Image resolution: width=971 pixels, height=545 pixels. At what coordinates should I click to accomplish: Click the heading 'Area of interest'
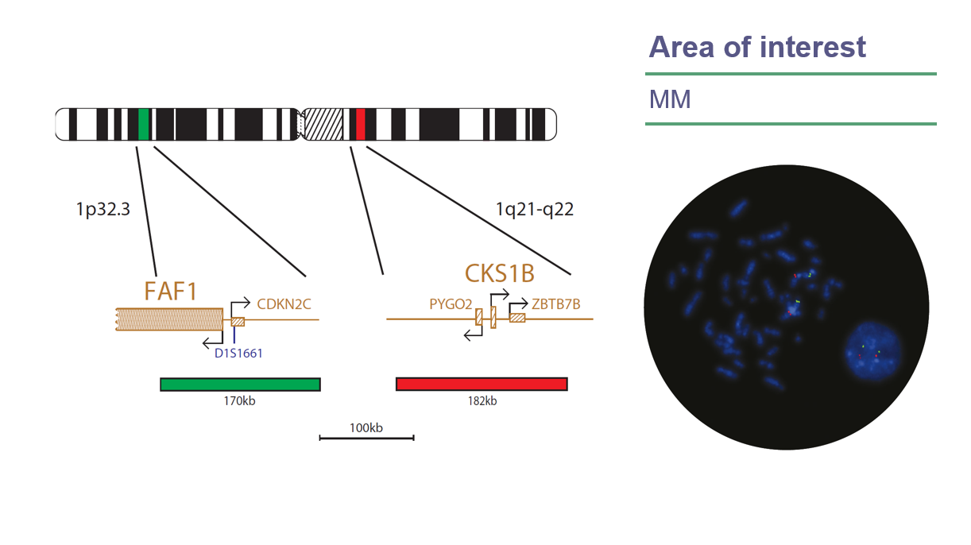[756, 47]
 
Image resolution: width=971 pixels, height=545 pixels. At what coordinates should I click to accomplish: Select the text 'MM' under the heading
[670, 100]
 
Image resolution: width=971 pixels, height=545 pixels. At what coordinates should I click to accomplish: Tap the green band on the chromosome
[144, 124]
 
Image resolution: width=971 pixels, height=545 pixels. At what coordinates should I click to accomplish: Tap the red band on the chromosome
[360, 124]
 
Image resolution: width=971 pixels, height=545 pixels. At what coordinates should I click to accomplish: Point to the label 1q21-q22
[534, 210]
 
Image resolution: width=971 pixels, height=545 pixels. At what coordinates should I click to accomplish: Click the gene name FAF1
[170, 292]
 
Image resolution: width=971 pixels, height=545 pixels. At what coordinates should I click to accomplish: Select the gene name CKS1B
[499, 274]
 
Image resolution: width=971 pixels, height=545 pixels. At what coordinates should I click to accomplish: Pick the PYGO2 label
[451, 303]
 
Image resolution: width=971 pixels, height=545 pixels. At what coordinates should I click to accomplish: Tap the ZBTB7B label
[557, 303]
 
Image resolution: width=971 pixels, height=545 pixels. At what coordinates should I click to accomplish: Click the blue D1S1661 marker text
[238, 353]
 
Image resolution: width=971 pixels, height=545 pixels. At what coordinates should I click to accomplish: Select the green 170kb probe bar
[240, 385]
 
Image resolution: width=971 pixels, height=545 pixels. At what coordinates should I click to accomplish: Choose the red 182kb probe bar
[482, 385]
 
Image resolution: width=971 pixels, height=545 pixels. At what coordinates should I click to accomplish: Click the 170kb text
[239, 401]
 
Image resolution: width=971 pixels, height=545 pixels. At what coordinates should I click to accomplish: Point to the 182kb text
[482, 401]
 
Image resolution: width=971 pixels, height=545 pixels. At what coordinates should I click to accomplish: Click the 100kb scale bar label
[366, 427]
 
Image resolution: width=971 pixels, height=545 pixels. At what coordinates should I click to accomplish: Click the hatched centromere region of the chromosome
[323, 124]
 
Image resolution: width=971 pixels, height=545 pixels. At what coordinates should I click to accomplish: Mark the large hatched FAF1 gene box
[169, 319]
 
